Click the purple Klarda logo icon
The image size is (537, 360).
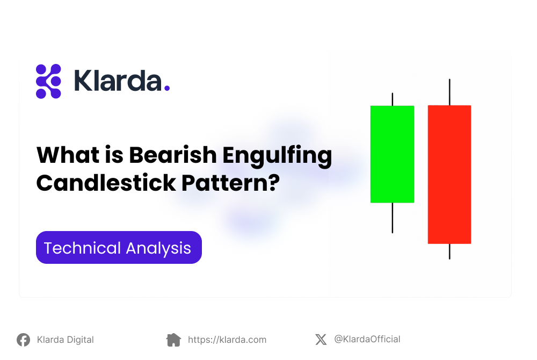tap(48, 81)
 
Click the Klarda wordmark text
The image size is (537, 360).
tap(118, 81)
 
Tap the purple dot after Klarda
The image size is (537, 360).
tap(167, 88)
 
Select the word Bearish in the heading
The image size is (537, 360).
tap(173, 155)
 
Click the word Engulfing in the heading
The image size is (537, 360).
tap(278, 156)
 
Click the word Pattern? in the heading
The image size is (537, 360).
tap(230, 183)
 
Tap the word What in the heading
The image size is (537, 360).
tap(68, 155)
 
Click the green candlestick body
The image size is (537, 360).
tap(392, 154)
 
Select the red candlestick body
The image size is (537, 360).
tap(449, 174)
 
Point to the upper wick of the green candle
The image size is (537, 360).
tap(393, 99)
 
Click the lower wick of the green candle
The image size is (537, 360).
tap(393, 218)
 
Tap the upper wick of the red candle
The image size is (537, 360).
tap(449, 92)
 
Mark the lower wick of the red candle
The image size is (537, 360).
tap(449, 251)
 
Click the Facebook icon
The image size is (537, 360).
tap(23, 340)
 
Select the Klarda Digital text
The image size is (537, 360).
tap(66, 340)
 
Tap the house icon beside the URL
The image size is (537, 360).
tap(173, 340)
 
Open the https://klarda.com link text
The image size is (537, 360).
tap(227, 340)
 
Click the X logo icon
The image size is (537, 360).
tap(321, 340)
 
